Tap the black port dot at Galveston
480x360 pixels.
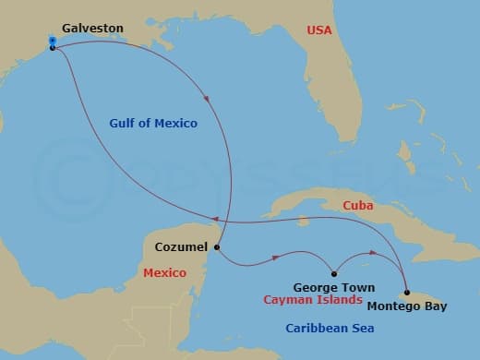[53, 47]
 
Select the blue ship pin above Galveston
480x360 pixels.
[52, 40]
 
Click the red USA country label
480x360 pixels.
[319, 31]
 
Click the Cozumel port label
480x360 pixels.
[181, 246]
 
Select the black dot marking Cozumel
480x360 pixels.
[216, 246]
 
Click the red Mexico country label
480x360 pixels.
[165, 273]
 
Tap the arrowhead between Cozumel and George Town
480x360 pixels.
[274, 258]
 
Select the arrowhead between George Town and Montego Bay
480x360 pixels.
[372, 252]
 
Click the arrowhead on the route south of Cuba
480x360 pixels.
[214, 220]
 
